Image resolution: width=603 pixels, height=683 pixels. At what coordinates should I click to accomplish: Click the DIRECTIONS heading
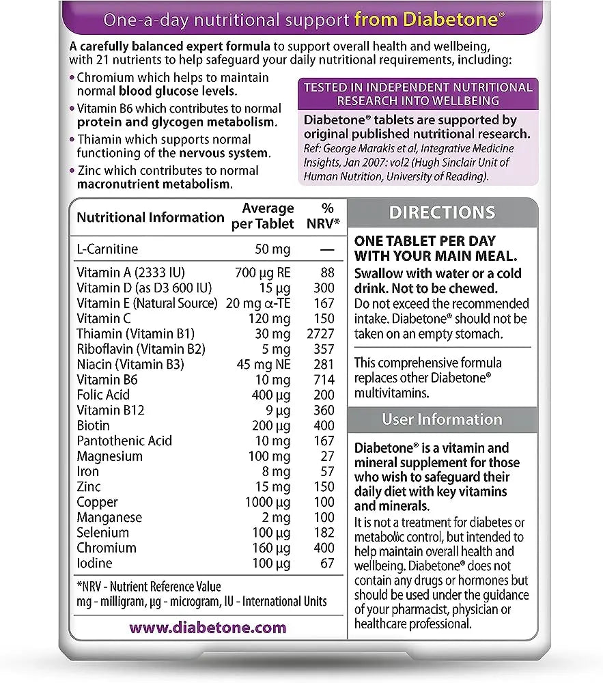[442, 213]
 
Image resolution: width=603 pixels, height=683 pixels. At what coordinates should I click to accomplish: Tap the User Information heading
[442, 419]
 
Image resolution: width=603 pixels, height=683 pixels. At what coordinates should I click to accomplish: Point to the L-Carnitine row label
[107, 249]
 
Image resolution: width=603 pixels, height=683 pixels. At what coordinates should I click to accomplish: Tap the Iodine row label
[94, 563]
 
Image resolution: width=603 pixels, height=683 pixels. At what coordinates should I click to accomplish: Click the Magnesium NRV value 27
[327, 456]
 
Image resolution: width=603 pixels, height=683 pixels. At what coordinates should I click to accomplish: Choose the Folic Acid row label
[103, 395]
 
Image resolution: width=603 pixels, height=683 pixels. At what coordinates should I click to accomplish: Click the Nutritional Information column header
[150, 217]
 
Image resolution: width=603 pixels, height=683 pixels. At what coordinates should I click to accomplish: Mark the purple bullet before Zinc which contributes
[72, 171]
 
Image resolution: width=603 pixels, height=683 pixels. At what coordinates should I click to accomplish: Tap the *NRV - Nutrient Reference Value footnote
[149, 587]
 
